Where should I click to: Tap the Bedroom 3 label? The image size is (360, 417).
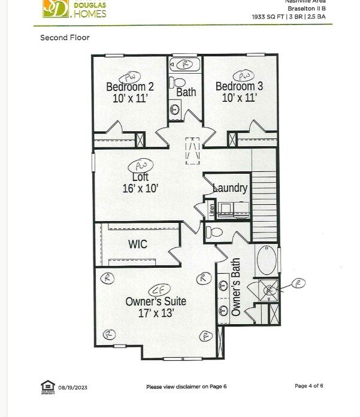point(239,86)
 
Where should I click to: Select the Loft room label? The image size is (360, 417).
point(140,177)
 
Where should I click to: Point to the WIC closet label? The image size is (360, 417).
point(138,244)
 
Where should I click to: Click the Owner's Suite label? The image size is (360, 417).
point(156,301)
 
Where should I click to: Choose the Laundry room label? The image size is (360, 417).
point(230,188)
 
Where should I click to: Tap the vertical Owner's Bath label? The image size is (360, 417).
point(236,287)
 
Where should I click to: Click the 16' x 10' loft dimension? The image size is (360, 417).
point(140,189)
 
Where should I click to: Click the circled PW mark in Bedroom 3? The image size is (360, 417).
point(244,75)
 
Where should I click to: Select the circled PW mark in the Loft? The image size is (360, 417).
point(141,165)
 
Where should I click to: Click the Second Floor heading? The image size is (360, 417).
point(64,37)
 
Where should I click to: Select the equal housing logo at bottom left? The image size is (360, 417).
point(47,386)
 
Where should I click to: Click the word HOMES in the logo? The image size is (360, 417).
point(90,13)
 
